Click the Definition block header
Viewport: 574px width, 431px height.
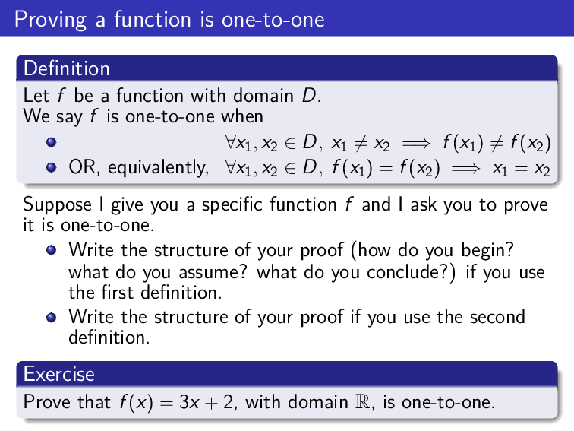pos(67,68)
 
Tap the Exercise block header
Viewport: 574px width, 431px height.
pos(59,374)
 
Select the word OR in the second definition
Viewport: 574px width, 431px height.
pos(81,167)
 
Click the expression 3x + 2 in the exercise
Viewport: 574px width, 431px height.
pos(200,401)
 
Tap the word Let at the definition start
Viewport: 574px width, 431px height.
pos(36,97)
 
